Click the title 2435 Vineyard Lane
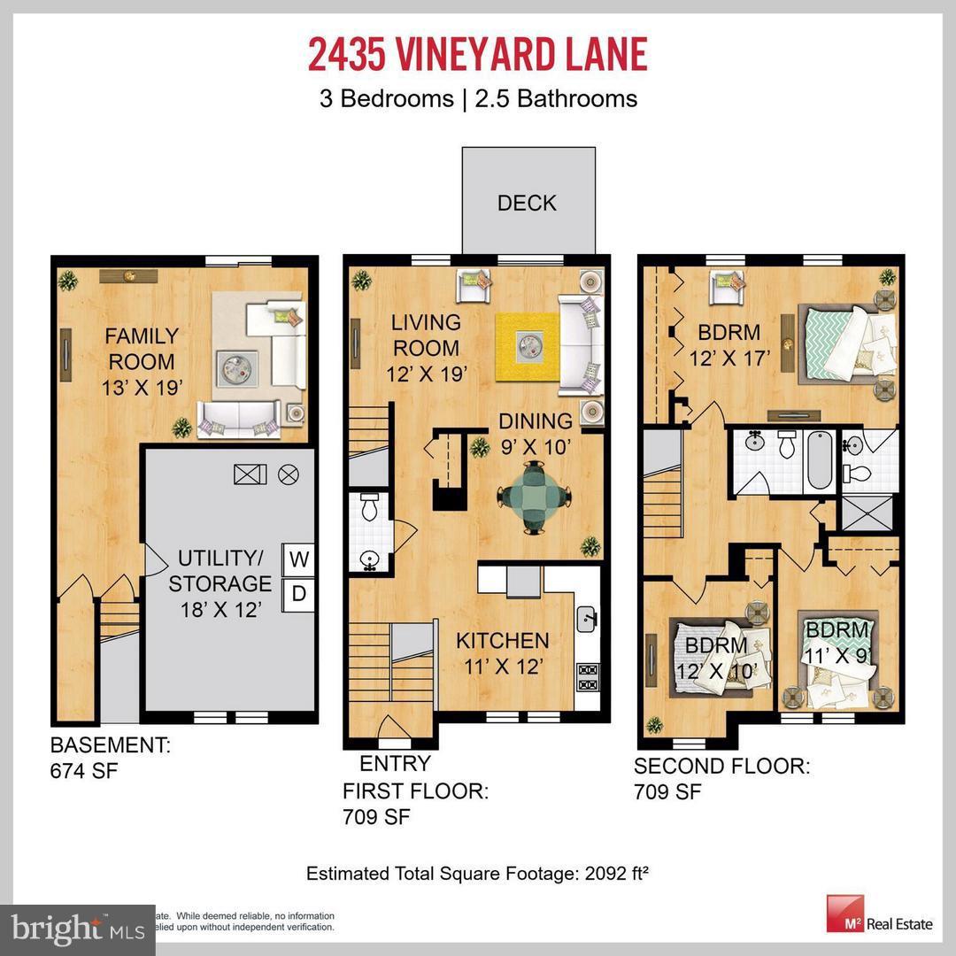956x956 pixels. coord(478,54)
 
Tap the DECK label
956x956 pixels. coord(527,203)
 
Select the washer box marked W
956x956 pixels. coord(298,559)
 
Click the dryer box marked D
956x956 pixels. coord(298,594)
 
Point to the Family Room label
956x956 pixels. coord(142,349)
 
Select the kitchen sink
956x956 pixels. coord(586,620)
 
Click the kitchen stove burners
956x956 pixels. coord(586,676)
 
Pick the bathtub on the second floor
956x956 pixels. coord(819,461)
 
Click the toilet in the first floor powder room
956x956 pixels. coord(369,507)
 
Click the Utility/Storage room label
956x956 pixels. coord(220,571)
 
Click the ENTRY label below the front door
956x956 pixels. coord(395,764)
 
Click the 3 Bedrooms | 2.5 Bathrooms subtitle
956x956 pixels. coord(478,97)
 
